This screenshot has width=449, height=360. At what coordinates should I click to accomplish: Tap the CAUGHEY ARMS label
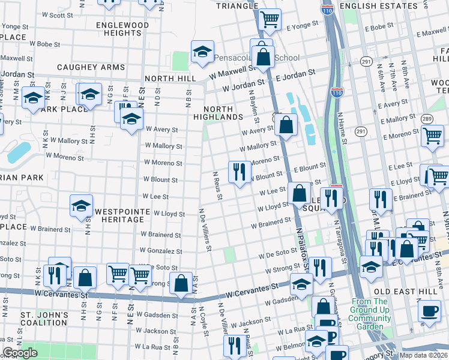point(91,67)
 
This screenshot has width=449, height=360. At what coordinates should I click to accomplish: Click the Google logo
point(20,353)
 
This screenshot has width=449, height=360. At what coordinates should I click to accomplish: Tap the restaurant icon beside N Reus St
point(240,172)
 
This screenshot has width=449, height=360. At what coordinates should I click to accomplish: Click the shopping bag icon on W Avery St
point(288,125)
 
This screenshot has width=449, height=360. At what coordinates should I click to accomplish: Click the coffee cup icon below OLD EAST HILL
point(429,311)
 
